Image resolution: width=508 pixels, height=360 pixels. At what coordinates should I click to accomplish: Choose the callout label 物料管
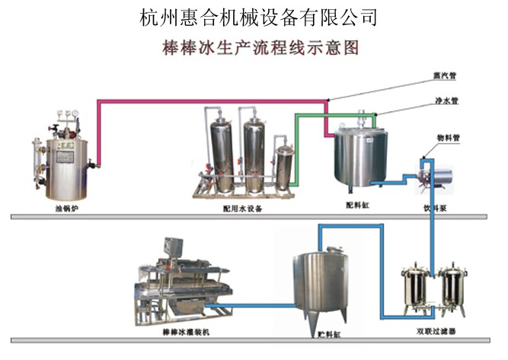point(457,137)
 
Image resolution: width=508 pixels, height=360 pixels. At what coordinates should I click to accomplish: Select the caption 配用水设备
point(244,208)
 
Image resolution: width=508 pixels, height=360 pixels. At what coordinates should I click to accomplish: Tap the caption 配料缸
point(356,205)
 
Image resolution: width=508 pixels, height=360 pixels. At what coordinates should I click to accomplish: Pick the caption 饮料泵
point(435,206)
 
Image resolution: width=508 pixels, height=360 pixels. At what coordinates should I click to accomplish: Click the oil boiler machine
point(63,156)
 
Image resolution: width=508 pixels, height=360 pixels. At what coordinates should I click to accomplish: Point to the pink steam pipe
point(213,100)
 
